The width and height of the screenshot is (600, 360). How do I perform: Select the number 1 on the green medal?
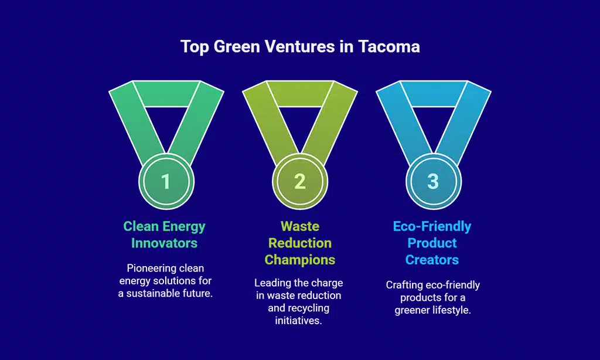[166, 181]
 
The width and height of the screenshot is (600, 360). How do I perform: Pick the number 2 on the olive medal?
[299, 181]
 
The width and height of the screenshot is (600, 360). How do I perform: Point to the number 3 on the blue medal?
[432, 181]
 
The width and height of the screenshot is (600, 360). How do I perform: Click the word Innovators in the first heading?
[165, 243]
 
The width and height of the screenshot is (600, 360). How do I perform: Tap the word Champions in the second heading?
[299, 259]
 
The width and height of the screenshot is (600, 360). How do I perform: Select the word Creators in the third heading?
[432, 259]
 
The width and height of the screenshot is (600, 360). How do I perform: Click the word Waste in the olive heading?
[299, 226]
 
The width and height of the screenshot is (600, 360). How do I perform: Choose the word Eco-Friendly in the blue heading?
[432, 226]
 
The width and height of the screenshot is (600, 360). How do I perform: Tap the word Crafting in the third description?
[404, 285]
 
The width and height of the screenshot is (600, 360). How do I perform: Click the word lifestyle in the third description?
[451, 310]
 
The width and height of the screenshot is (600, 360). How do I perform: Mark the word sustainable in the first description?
[154, 293]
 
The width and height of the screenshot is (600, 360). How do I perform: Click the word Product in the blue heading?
[432, 243]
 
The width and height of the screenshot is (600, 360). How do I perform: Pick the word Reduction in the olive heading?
[299, 243]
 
